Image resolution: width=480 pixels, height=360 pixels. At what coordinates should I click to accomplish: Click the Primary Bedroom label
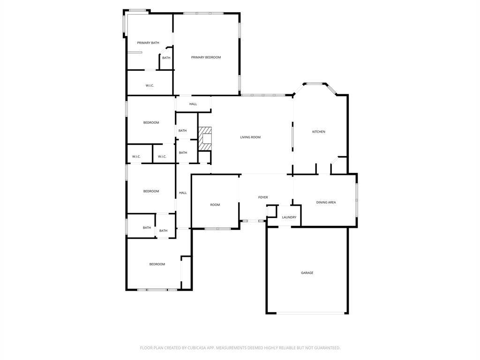point(206,57)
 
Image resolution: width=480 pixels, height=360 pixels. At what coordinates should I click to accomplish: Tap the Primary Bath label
point(148,43)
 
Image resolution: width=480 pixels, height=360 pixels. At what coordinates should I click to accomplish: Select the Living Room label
point(250,137)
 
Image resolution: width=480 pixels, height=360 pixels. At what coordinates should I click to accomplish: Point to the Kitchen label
point(318,132)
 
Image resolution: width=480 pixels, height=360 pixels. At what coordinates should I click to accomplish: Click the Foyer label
point(263,197)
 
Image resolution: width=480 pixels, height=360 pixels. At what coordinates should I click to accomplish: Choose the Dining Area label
point(326,202)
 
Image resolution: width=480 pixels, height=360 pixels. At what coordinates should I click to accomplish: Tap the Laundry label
point(289,217)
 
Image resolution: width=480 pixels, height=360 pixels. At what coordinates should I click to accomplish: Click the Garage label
point(307,273)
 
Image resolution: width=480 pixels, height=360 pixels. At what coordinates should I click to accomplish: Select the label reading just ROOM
point(215,205)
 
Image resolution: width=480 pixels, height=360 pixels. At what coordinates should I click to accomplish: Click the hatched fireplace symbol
point(205,139)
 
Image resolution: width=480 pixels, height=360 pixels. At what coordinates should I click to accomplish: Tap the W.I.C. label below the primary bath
point(150,85)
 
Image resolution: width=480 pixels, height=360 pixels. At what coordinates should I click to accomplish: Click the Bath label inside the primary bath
point(166,58)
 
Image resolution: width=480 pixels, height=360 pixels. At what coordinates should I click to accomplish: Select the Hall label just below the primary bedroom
point(193,104)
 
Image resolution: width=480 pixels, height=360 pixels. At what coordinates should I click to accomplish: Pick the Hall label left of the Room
point(183,193)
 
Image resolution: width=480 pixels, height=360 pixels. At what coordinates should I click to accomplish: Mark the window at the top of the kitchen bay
point(315,83)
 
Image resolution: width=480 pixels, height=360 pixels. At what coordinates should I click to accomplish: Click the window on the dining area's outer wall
point(356,200)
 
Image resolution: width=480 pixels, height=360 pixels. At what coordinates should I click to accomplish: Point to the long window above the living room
point(263,95)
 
